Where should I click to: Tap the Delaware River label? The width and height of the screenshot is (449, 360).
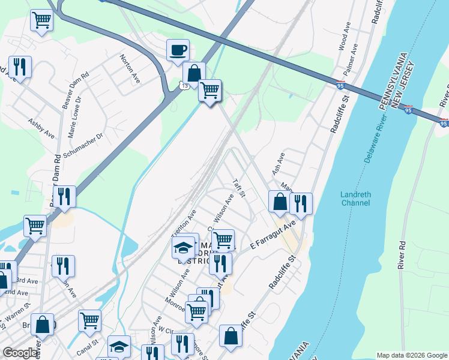click(x=375, y=137)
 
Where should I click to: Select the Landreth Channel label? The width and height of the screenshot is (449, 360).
click(x=356, y=199)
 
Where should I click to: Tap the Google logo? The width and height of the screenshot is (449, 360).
click(x=20, y=353)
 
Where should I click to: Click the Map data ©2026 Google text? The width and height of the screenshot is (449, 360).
click(x=411, y=355)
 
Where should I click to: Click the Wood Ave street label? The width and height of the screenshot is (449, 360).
click(x=344, y=36)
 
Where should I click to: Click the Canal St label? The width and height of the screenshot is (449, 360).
click(x=87, y=346)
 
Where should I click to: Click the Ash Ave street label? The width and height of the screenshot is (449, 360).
click(x=279, y=163)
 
